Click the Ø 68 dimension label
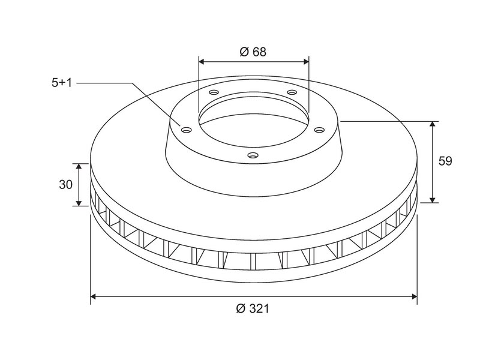[253, 52]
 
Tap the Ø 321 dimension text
[253, 308]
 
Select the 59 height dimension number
[445, 161]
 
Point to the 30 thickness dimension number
[66, 185]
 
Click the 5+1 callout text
[62, 83]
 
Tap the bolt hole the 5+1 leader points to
[186, 130]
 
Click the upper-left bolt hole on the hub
[214, 92]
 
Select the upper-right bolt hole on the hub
[292, 92]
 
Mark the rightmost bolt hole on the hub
[319, 130]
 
